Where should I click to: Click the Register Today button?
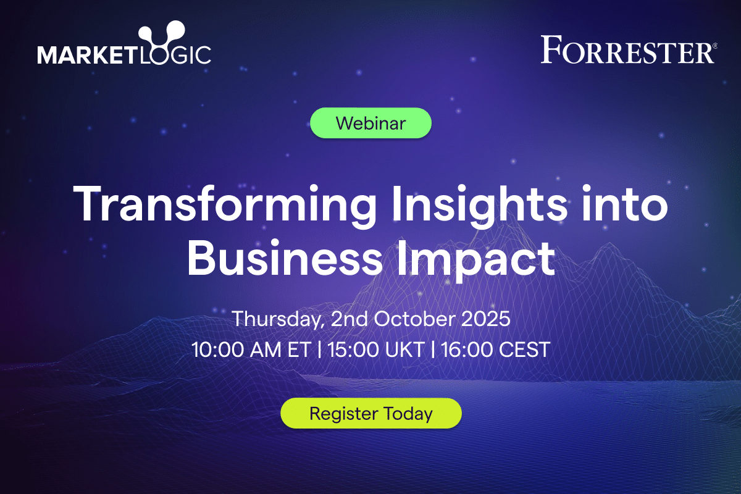(x=371, y=413)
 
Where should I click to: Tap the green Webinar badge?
(x=371, y=123)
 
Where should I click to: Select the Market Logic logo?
(x=124, y=43)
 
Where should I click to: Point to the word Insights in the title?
(x=480, y=204)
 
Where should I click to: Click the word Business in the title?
(x=285, y=257)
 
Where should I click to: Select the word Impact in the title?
(x=475, y=261)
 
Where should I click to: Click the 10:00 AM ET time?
(x=251, y=350)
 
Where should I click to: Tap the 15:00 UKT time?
(x=376, y=350)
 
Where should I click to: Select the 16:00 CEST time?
(x=495, y=350)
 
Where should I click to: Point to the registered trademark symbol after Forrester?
(x=715, y=46)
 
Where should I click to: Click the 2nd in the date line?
(x=350, y=319)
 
